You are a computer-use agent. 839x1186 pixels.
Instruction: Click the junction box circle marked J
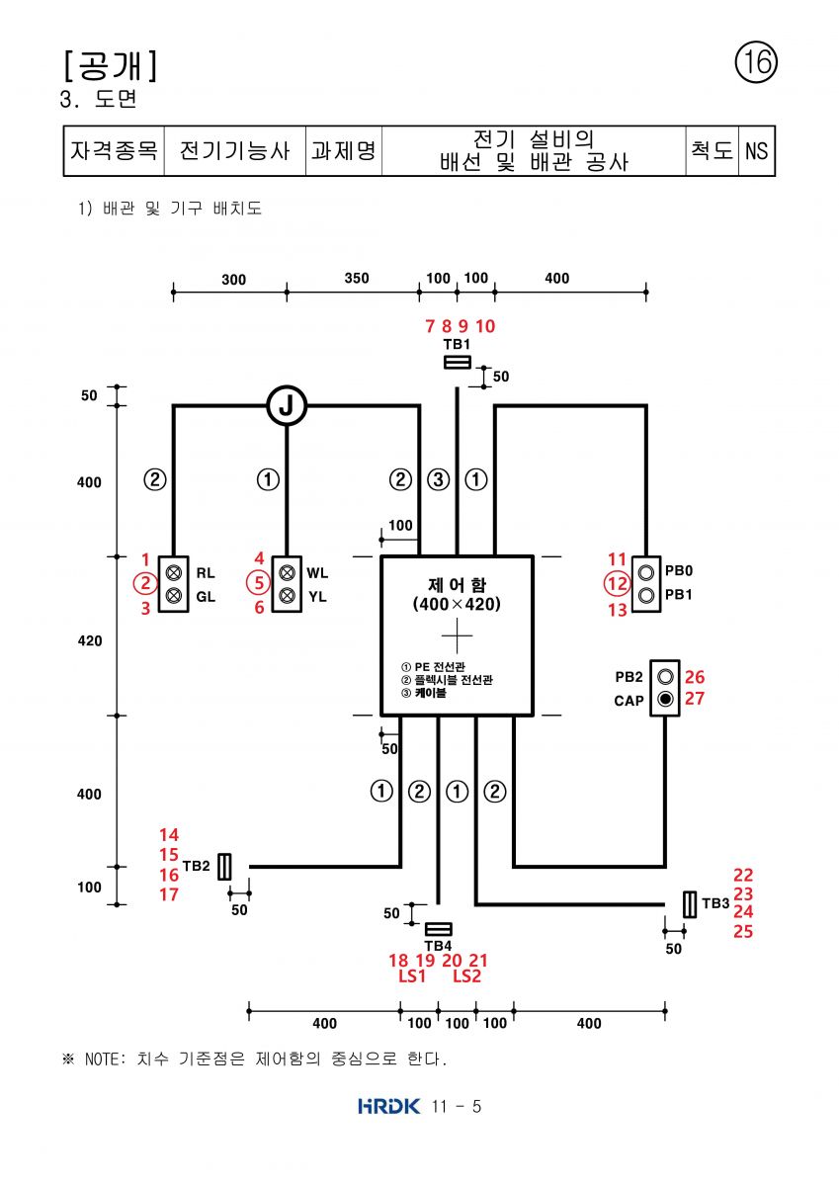click(x=287, y=405)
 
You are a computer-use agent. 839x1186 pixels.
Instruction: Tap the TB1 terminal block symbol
click(x=458, y=362)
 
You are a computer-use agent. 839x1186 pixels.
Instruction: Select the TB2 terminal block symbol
click(x=224, y=866)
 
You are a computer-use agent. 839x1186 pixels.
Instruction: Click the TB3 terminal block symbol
click(x=689, y=904)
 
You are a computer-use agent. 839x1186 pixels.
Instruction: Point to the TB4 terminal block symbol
click(x=439, y=929)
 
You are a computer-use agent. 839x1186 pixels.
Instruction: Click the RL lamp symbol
click(x=174, y=572)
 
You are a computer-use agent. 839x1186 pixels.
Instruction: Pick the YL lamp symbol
click(x=287, y=596)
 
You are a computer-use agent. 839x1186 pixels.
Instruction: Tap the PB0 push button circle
click(x=646, y=572)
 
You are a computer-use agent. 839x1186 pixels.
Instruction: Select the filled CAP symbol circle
click(x=665, y=699)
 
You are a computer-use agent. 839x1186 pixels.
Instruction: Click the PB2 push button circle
click(x=665, y=676)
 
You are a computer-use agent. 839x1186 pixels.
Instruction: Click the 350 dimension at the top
click(x=356, y=278)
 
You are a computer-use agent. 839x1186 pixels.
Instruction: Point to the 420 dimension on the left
click(x=90, y=640)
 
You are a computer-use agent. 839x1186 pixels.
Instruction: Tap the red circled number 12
click(x=618, y=584)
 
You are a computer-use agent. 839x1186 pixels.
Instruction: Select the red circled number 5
click(x=258, y=583)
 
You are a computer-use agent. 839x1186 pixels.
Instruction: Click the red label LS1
click(x=412, y=975)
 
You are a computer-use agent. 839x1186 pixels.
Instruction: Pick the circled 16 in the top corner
click(x=756, y=62)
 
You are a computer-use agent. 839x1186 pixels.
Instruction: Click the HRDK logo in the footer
click(x=388, y=1106)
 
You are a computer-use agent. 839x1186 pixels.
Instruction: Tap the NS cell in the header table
click(x=756, y=151)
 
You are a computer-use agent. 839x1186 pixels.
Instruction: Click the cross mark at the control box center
click(x=457, y=635)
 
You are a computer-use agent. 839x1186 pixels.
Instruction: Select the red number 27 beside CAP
click(x=695, y=699)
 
